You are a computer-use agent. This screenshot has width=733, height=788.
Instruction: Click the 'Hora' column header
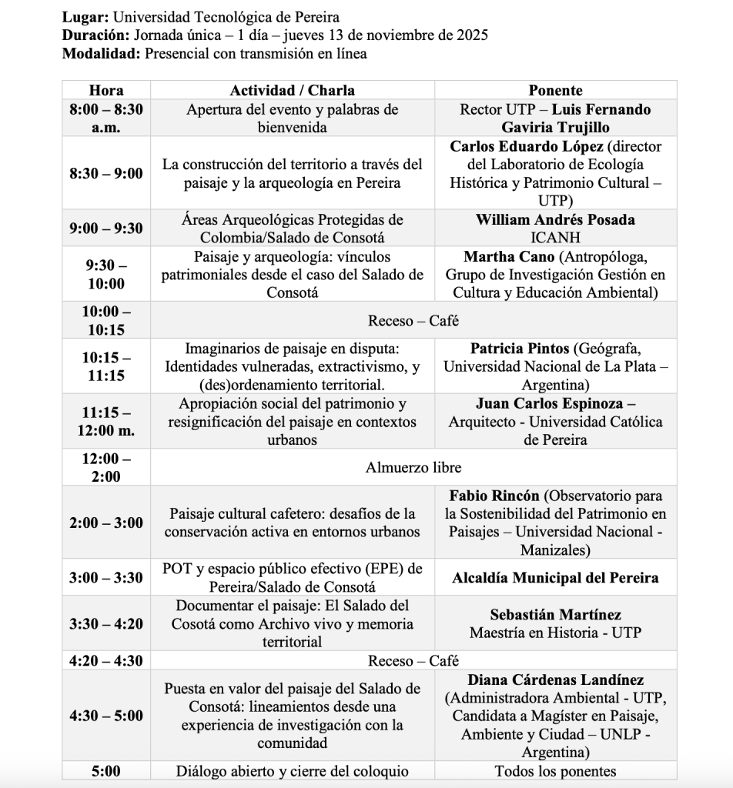pyautogui.click(x=106, y=90)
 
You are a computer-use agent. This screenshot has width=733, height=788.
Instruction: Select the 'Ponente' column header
pyautogui.click(x=555, y=90)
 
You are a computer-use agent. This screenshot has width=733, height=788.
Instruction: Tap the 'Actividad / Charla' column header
pyautogui.click(x=293, y=90)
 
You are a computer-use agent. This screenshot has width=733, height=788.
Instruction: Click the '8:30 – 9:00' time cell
pyautogui.click(x=106, y=174)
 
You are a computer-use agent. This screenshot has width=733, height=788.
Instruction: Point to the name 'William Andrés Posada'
pyautogui.click(x=555, y=219)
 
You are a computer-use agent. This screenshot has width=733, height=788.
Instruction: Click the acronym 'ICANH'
pyautogui.click(x=555, y=238)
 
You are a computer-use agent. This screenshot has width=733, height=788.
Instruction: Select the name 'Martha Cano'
pyautogui.click(x=508, y=256)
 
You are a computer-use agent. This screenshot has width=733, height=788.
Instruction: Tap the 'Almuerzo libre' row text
pyautogui.click(x=413, y=467)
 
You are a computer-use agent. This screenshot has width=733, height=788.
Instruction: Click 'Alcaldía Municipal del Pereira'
pyautogui.click(x=555, y=578)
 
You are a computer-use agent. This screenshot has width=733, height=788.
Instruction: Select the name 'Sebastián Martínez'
pyautogui.click(x=555, y=615)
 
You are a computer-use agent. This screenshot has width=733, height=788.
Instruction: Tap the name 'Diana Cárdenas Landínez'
pyautogui.click(x=555, y=680)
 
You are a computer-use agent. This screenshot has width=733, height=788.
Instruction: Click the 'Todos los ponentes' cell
pyautogui.click(x=555, y=772)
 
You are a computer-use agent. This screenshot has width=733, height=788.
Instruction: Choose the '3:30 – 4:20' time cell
pyautogui.click(x=106, y=623)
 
